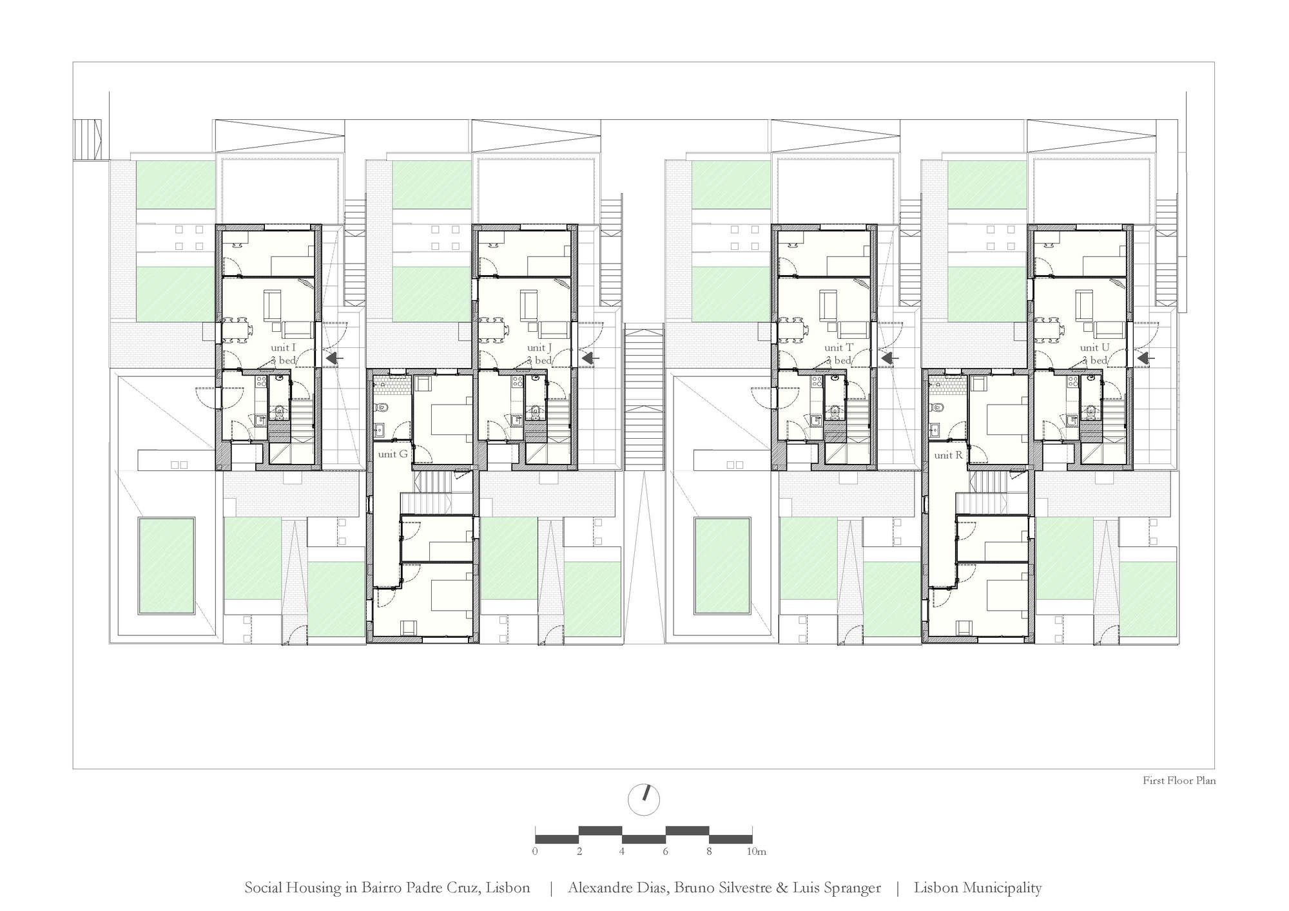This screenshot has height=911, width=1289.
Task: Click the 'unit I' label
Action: click(284, 348)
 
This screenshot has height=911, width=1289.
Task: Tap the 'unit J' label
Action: click(539, 348)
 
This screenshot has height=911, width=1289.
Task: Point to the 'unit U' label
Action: click(1095, 348)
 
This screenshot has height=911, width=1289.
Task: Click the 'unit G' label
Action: click(393, 454)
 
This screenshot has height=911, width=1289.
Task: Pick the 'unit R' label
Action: click(949, 455)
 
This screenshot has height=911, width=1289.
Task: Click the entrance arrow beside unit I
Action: click(334, 358)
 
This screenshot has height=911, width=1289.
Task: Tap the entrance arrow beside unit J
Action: click(590, 358)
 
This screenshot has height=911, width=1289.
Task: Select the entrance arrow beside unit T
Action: click(890, 358)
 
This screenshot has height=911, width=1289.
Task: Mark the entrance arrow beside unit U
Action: click(1146, 358)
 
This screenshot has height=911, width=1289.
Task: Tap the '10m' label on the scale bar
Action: click(757, 852)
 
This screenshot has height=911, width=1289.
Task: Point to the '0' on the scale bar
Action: click(536, 852)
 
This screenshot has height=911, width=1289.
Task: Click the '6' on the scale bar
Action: click(665, 852)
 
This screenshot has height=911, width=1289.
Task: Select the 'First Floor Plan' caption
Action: click(1179, 780)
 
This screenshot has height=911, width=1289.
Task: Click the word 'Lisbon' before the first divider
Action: click(509, 888)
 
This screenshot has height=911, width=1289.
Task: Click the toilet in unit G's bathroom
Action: click(381, 407)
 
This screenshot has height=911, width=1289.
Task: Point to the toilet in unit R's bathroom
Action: click(937, 407)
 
